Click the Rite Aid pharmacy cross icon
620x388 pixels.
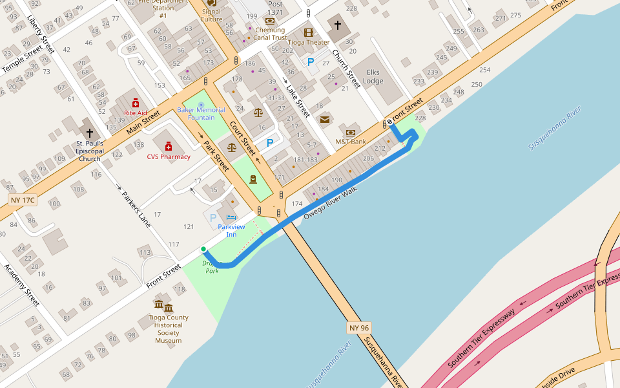click(x=136, y=103)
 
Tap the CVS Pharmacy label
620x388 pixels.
click(x=169, y=156)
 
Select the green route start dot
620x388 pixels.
click(x=203, y=249)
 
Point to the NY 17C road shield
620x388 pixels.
click(x=23, y=200)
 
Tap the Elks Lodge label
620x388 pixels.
click(x=373, y=77)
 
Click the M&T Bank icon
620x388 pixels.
click(x=351, y=133)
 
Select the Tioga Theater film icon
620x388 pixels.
click(x=308, y=32)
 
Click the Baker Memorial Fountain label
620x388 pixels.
click(x=201, y=114)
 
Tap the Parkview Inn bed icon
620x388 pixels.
click(x=231, y=217)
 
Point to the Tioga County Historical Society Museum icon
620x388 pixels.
click(x=163, y=306)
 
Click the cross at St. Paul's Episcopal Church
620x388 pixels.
click(x=89, y=132)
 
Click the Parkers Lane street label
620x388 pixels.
click(x=136, y=208)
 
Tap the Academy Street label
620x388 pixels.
click(x=23, y=285)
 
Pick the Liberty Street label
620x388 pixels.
click(x=41, y=34)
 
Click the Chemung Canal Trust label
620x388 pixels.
click(x=270, y=34)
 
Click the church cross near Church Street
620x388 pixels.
click(x=336, y=26)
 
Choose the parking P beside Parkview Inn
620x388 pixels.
click(x=213, y=219)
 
